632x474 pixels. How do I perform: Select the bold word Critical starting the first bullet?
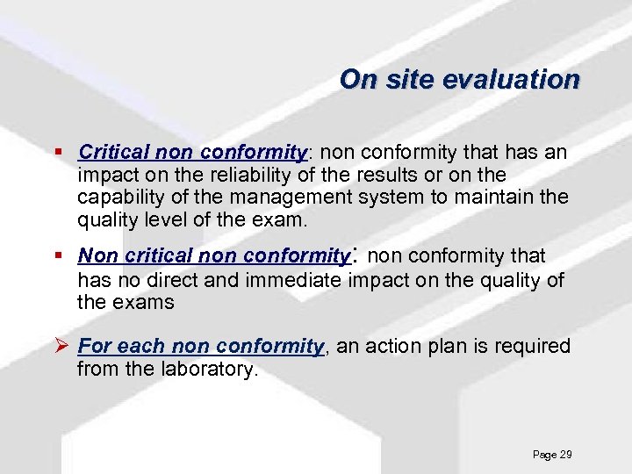click(110, 153)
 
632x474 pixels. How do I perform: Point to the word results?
click(373, 175)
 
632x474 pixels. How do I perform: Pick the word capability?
click(118, 197)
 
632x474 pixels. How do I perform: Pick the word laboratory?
click(212, 370)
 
